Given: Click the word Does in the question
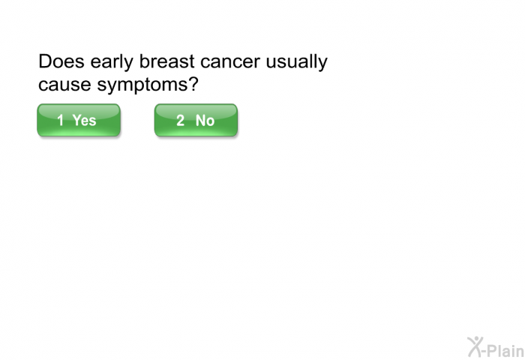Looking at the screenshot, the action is click(61, 61).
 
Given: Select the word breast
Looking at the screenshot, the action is click(166, 61).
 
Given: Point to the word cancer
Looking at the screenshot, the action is click(230, 62).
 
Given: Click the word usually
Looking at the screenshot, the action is click(297, 63).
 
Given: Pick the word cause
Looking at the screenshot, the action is click(64, 85).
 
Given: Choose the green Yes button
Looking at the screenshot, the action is click(79, 120).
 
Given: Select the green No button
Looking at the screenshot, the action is click(196, 120).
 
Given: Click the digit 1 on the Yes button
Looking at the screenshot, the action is click(61, 120).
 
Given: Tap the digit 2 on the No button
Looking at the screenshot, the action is click(181, 120).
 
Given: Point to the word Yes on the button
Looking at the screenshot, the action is click(84, 120).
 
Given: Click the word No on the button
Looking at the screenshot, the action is click(205, 120).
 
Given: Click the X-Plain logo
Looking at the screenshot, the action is click(496, 347).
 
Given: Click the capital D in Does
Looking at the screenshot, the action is click(44, 61).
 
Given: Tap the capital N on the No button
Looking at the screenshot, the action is click(200, 120).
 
